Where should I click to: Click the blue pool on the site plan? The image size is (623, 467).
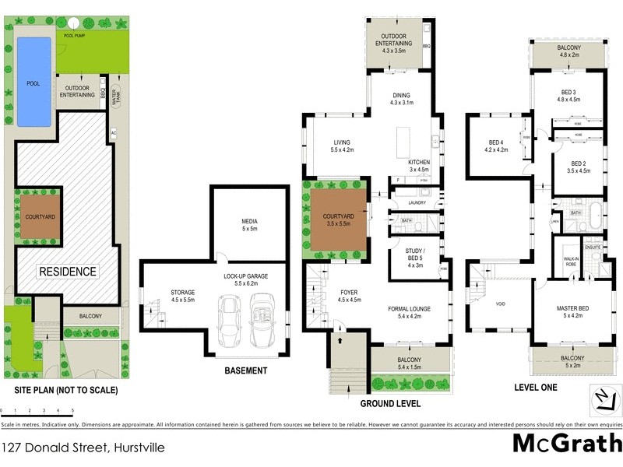click(33, 82)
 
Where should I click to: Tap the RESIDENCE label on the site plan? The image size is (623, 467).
click(69, 272)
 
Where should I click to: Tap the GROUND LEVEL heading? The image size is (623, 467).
click(390, 404)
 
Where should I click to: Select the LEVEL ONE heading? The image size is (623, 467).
click(536, 387)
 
